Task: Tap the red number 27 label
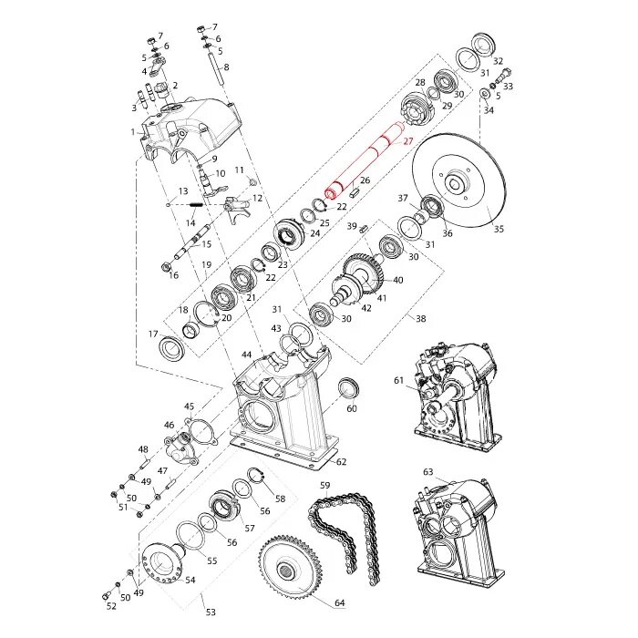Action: pyautogui.click(x=408, y=141)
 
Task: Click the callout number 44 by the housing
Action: pyautogui.click(x=246, y=354)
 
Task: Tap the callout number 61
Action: pyautogui.click(x=398, y=380)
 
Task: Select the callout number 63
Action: pyautogui.click(x=427, y=471)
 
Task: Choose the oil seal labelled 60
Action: pyautogui.click(x=346, y=388)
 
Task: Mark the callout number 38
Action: pyautogui.click(x=420, y=318)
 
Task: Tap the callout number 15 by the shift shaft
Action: pyautogui.click(x=206, y=243)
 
